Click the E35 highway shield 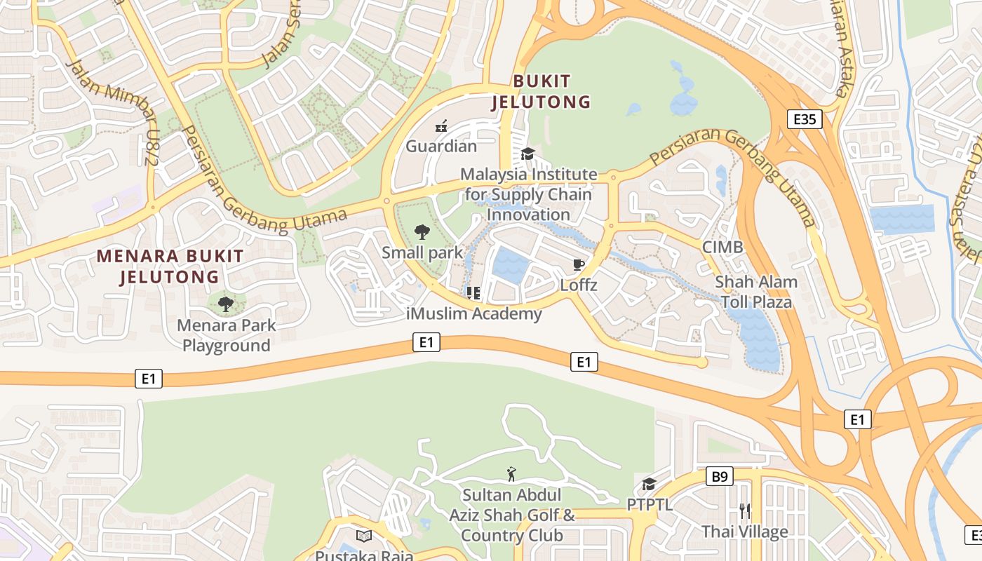[x=804, y=119]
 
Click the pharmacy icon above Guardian [x=441, y=126]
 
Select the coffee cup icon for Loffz [x=578, y=264]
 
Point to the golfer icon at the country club [x=511, y=475]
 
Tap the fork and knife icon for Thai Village [x=744, y=511]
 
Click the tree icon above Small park [x=422, y=231]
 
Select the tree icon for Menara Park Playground [x=225, y=304]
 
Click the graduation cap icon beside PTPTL [x=649, y=485]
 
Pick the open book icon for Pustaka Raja [x=363, y=536]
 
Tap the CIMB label [x=722, y=248]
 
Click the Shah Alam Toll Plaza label [x=755, y=292]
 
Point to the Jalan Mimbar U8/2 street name [x=112, y=112]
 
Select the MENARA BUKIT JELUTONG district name [x=170, y=266]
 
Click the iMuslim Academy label [x=474, y=313]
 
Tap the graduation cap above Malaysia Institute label [x=527, y=154]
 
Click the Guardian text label [x=441, y=147]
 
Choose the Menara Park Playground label [x=226, y=335]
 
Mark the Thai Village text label [x=744, y=532]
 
